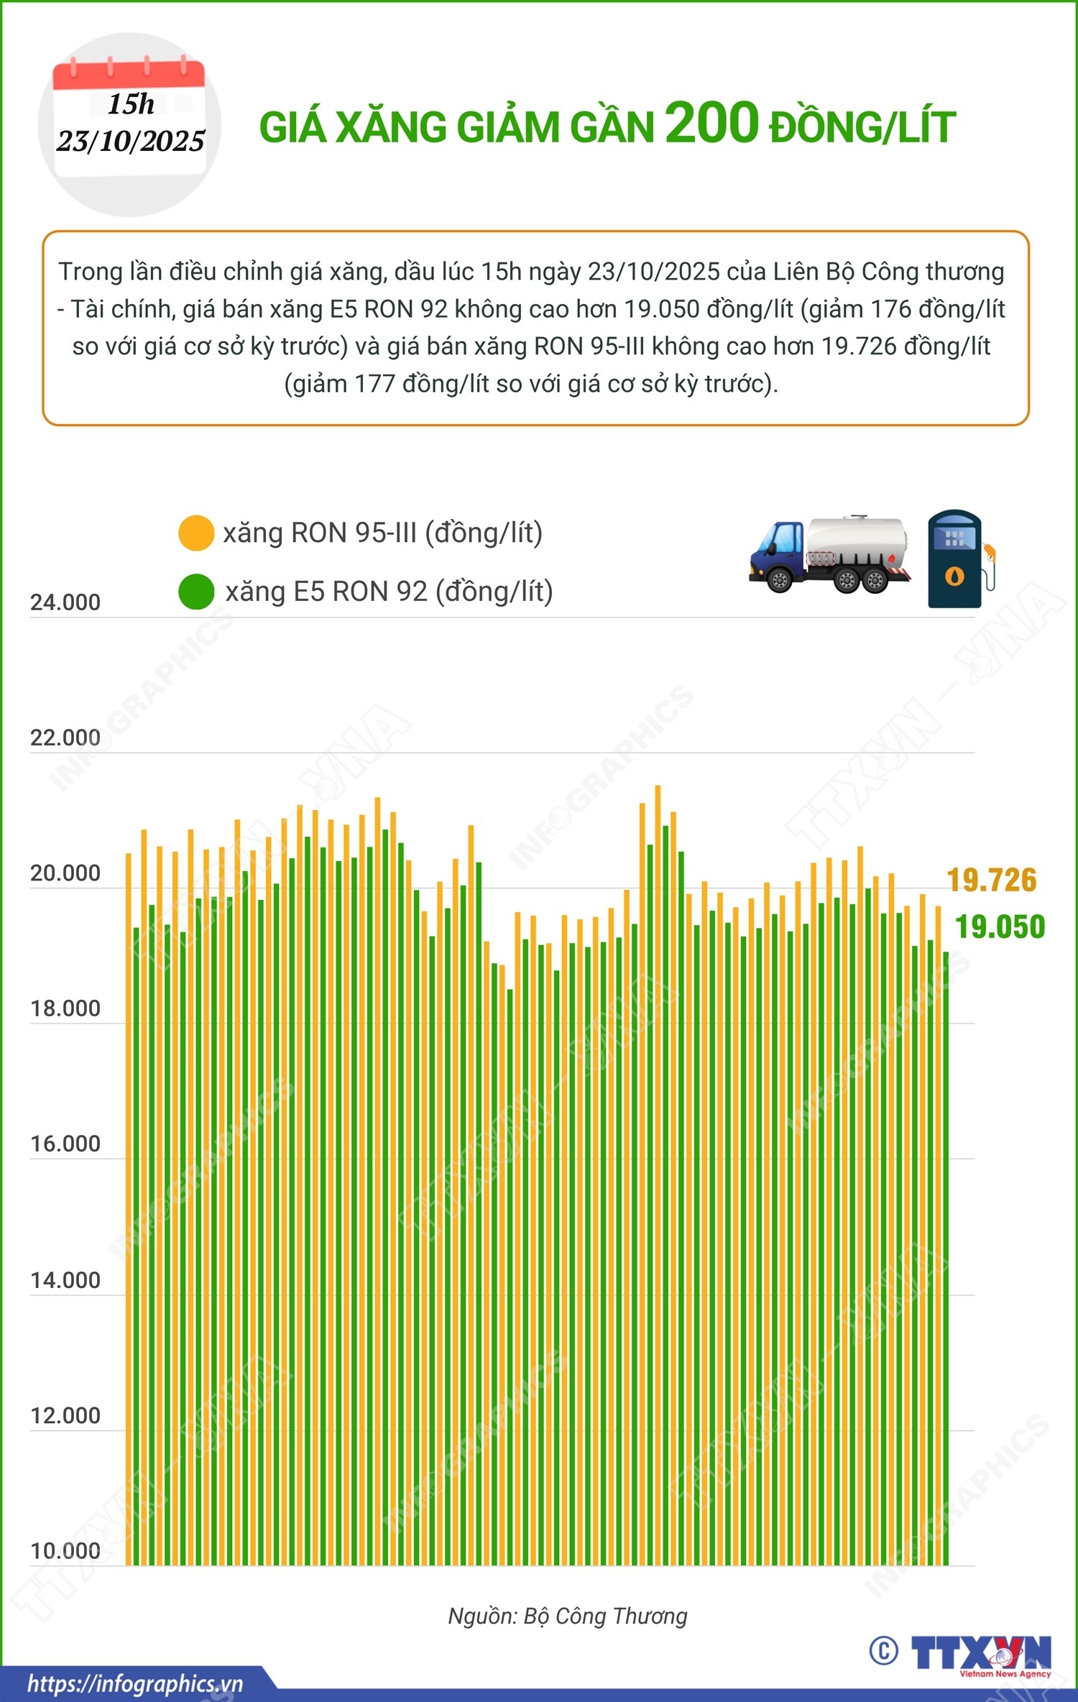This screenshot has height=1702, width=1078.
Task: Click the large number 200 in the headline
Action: pos(711,124)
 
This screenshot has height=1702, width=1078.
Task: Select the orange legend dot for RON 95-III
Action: pos(195,533)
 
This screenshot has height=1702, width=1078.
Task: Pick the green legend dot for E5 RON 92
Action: pos(195,592)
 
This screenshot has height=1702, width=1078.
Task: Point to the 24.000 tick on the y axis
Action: pos(65,602)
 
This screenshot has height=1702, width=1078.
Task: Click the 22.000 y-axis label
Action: pos(65,737)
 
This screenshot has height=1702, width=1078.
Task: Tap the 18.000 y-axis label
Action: pos(65,1008)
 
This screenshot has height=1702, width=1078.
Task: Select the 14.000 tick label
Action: pos(65,1280)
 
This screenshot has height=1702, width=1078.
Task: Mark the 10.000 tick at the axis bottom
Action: pos(65,1551)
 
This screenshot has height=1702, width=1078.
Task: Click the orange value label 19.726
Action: pos(992,880)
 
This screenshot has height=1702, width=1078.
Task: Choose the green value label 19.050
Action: pos(1000,927)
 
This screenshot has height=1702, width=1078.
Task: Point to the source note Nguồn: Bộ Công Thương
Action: pos(568,1616)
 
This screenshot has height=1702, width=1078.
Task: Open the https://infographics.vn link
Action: pos(135,1684)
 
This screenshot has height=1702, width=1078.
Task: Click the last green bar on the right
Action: pos(946,1258)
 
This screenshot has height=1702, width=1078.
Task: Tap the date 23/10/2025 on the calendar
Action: pos(131,141)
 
